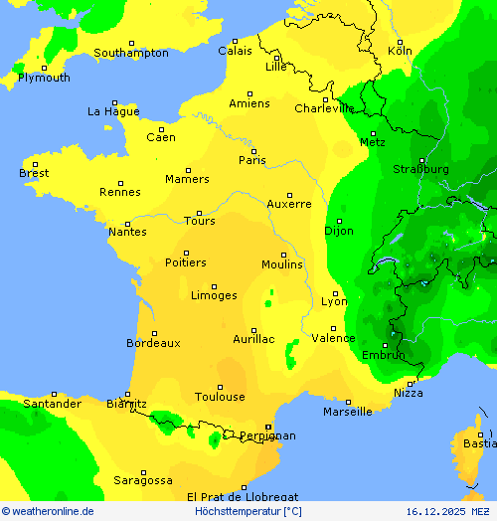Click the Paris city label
tap(252, 160)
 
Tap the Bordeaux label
tap(153, 343)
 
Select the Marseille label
tap(348, 412)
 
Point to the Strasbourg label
tap(420, 169)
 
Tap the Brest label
tap(34, 173)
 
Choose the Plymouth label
tap(44, 78)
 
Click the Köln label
tap(400, 50)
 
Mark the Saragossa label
tap(142, 480)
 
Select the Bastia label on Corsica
tap(480, 443)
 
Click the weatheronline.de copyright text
tap(48, 511)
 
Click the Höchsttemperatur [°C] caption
tap(248, 511)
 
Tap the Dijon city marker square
tap(339, 221)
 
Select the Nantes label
tap(127, 232)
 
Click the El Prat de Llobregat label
tap(243, 496)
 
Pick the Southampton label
tap(131, 53)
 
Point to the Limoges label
tap(214, 295)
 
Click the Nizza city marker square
tap(411, 383)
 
